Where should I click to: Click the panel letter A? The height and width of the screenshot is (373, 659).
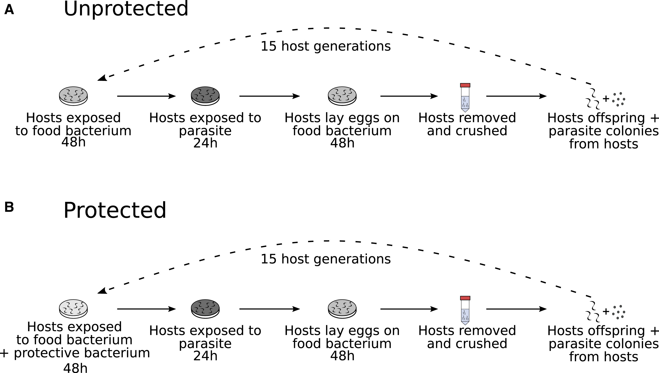coord(9,10)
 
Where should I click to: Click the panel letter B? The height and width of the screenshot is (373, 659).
coord(9,207)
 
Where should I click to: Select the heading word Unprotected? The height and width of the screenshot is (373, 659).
coord(126,9)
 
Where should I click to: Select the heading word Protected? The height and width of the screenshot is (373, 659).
coord(115,210)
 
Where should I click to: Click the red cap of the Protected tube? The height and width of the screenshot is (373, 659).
coord(465,298)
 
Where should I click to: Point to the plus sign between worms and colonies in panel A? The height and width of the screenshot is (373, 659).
coord(606,99)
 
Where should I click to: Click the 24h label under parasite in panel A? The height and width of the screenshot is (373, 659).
coord(205,143)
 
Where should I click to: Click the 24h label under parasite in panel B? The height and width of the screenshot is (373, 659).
coord(205,356)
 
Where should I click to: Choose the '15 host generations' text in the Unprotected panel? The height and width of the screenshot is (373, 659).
coord(326,46)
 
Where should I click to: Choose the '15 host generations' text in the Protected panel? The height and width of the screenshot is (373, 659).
coord(326,259)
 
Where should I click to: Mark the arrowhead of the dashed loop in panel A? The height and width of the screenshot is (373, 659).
coord(102,78)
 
